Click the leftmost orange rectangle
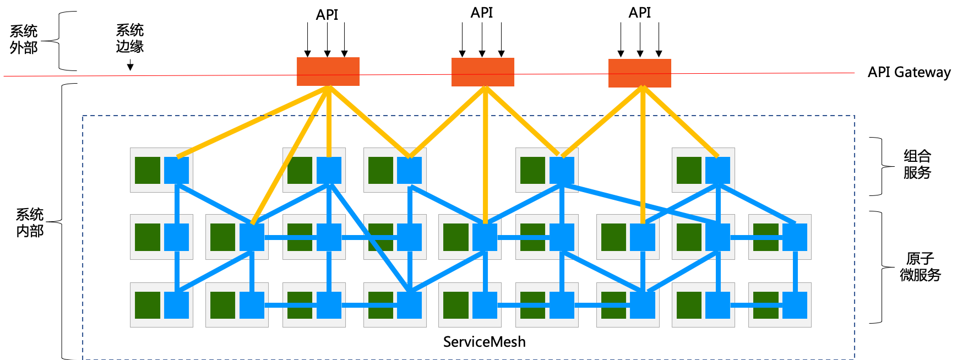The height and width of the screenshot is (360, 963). coord(328,72)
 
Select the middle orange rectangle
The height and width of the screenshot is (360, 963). coord(483,72)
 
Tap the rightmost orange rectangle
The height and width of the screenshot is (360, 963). coord(640,73)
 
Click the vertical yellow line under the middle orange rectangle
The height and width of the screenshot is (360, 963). coord(485,154)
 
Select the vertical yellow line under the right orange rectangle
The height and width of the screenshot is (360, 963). coord(643,154)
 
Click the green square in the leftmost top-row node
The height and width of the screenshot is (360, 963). coord(148,170)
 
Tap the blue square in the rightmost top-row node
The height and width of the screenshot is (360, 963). coord(718,170)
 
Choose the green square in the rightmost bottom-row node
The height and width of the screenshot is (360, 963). coord(766,305)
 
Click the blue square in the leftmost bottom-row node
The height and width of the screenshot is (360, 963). coord(177,305)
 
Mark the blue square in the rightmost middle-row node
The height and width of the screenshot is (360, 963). coord(795,237)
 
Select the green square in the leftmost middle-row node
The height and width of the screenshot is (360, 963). coord(148,237)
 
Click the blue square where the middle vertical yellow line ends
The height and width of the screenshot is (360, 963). coord(485,237)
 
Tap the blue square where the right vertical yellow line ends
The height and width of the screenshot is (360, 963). coord(643,237)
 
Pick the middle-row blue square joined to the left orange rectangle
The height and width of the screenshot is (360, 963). coord(252,237)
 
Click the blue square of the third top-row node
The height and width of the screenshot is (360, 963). coord(410,170)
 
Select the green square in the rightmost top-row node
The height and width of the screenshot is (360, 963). coord(689,170)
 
